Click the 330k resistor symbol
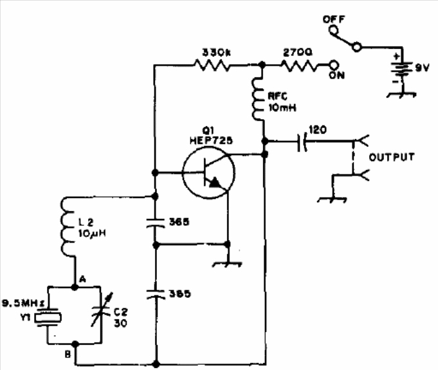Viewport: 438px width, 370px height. tap(212, 65)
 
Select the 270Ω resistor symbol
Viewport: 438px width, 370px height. tap(300, 66)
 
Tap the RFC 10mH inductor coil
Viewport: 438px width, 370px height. tap(258, 100)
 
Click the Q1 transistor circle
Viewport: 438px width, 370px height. tap(208, 172)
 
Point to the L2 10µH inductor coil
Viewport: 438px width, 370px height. tap(67, 227)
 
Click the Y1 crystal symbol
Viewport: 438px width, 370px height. tap(48, 317)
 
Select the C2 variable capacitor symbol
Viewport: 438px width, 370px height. tap(102, 310)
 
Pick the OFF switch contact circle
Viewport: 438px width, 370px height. tap(334, 30)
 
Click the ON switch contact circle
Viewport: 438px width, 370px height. tap(334, 66)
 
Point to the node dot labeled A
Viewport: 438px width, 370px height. tap(75, 287)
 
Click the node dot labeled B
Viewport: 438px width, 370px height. tap(75, 344)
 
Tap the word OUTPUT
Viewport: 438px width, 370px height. tap(392, 157)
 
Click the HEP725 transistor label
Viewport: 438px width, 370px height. tap(211, 140)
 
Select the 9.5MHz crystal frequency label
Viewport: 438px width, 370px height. tap(23, 303)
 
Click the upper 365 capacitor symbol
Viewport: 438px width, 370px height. tap(156, 223)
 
